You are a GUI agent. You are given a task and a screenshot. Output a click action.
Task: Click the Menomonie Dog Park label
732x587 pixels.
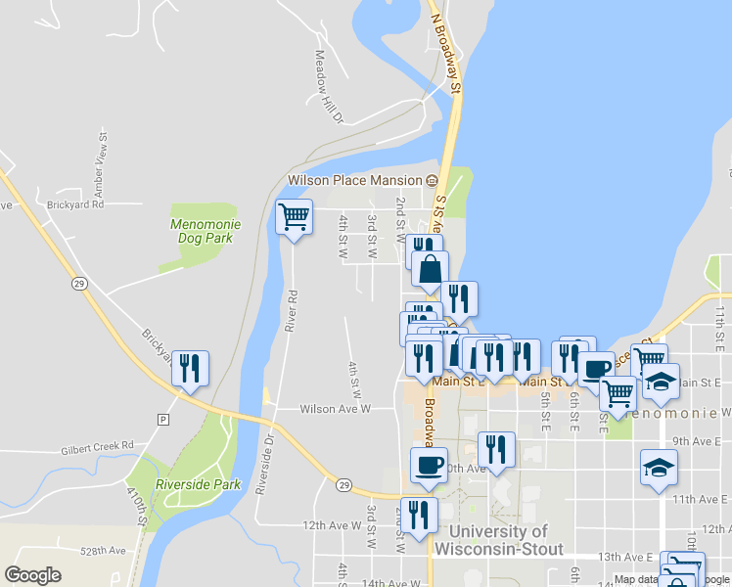point(206,230)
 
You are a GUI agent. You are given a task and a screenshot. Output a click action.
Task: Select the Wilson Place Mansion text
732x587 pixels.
point(354,180)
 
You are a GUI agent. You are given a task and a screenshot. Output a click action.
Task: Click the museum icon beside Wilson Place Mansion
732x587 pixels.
point(432,180)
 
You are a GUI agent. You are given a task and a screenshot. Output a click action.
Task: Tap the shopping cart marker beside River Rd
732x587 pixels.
point(294,217)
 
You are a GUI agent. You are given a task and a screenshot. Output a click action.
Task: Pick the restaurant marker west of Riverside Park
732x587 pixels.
point(190,369)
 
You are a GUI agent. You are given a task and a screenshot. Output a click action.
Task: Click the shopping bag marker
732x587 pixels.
point(430,269)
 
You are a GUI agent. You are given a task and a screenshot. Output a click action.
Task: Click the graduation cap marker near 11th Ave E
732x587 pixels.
point(658,468)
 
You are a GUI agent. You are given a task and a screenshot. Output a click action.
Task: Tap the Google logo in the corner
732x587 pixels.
point(32,575)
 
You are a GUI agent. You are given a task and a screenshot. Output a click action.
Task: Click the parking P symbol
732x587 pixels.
point(162,419)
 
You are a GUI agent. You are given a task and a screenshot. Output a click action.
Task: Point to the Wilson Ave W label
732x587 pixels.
point(335,409)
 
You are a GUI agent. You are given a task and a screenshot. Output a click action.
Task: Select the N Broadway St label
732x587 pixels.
point(445,47)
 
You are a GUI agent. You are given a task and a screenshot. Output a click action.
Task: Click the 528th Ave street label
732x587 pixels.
point(105,552)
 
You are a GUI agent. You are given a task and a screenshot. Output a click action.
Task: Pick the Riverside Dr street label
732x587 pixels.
point(260,466)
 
